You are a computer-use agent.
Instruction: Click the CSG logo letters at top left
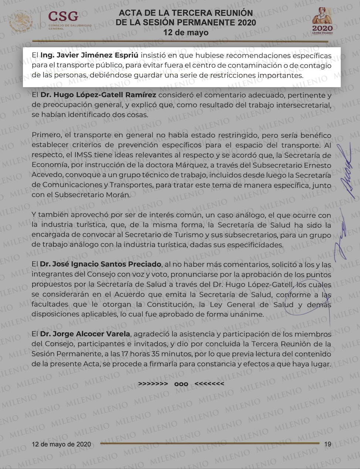[63, 16]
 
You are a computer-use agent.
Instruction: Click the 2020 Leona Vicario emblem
[322, 22]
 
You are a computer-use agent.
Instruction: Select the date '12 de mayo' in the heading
[186, 32]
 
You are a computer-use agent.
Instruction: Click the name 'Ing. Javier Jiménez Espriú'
[89, 55]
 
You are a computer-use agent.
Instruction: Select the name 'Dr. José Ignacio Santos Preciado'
[101, 264]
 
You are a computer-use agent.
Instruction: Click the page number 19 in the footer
[327, 444]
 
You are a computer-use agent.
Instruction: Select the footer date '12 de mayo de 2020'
[61, 444]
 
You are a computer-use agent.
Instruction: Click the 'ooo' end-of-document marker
[181, 384]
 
